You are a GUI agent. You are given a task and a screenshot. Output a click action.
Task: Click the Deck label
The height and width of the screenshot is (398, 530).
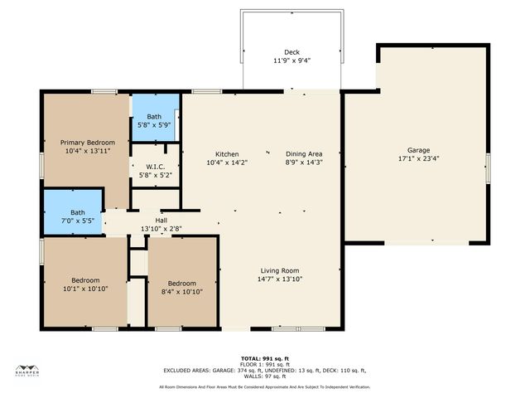pos(291,51)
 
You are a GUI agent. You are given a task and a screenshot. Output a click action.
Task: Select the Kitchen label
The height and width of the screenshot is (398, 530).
pos(227,154)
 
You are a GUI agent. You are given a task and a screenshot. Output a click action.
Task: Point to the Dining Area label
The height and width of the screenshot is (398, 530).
pos(304,154)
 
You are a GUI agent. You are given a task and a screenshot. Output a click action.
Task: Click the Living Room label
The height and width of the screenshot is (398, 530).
pos(280,271)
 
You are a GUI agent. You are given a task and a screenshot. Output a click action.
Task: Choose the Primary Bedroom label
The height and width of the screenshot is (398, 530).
pos(86,143)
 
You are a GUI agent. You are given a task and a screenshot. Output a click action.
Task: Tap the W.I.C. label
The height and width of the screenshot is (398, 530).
pos(155,167)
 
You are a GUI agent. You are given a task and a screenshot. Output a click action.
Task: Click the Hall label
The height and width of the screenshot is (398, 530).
pos(161,221)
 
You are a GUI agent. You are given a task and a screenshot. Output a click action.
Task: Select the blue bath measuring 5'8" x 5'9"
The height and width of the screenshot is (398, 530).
pos(155,120)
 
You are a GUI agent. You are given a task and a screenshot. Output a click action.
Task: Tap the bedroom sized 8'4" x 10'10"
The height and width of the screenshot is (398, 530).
pos(181,287)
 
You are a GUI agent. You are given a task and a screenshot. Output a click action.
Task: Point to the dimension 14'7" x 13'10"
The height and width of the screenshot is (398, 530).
pos(280,279)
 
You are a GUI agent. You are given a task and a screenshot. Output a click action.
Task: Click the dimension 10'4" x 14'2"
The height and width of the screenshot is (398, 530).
pos(227,163)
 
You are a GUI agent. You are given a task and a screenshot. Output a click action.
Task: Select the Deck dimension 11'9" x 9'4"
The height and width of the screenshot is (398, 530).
pos(291,60)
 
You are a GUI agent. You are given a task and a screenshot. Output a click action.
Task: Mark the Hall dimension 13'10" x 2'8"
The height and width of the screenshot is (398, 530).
pos(161,229)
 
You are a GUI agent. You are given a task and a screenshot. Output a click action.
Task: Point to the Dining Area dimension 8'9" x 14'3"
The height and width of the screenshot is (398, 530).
pos(304,163)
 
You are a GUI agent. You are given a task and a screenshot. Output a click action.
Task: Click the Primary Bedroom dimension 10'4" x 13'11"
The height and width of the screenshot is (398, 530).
pos(86,151)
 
